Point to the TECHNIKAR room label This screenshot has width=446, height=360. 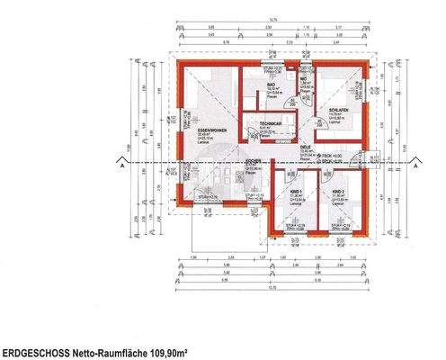pyautogui.click(x=271, y=123)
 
